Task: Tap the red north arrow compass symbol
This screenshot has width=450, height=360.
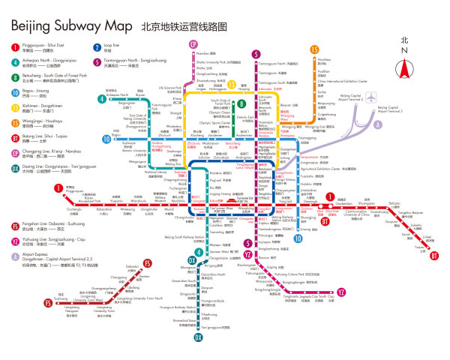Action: [x=405, y=68]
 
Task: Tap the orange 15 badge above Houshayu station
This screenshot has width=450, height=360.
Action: [x=313, y=49]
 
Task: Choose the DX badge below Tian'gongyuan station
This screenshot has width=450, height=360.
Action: [x=199, y=337]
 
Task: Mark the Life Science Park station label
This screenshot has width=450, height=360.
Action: [x=169, y=88]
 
